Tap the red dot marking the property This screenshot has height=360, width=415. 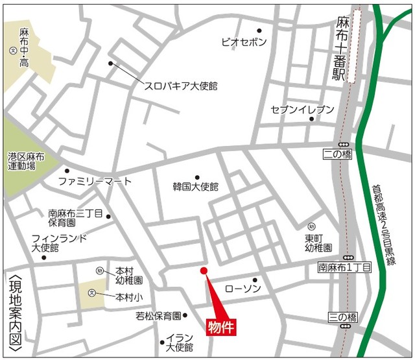pos(203,270)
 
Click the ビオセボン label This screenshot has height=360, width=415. pos(244,42)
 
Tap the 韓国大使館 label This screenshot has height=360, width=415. pos(196,186)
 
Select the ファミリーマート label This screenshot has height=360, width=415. pos(95,181)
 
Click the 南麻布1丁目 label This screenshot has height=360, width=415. pos(344,267)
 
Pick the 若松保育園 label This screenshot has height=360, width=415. pos(158,317)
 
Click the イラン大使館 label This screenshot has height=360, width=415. pos(180,343)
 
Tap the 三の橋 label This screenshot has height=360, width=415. pos(342,317)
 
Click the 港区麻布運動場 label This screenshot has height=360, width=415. pos(25,162)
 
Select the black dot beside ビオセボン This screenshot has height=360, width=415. pos(259,30)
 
